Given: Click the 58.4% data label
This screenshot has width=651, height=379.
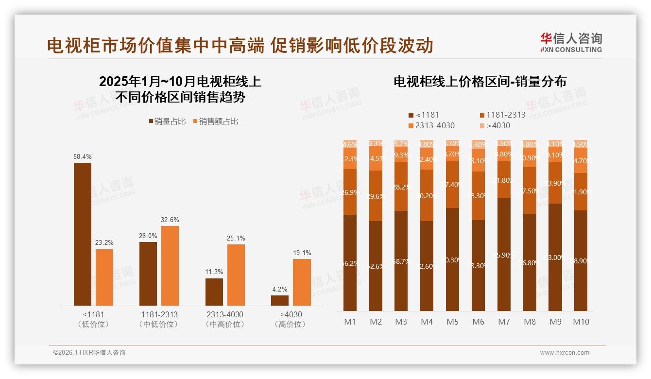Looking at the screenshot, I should click(x=83, y=157).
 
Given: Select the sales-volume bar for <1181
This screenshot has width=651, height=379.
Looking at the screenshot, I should click(x=83, y=233).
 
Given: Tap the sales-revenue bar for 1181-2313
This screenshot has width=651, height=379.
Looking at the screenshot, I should click(x=170, y=265).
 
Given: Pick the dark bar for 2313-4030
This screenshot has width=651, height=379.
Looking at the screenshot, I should click(x=214, y=292).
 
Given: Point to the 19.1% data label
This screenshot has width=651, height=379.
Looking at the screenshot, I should click(x=302, y=253).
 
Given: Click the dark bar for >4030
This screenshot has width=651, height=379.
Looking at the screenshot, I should click(x=280, y=300).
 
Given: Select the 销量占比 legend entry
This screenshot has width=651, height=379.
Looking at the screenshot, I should click(x=167, y=121).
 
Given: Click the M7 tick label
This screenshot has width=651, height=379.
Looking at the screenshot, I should click(x=504, y=322).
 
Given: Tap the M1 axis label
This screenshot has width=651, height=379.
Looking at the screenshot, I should click(x=350, y=322).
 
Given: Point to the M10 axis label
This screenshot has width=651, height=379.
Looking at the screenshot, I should click(x=581, y=322).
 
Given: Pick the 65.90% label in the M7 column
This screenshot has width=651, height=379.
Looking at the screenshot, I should click(x=504, y=255).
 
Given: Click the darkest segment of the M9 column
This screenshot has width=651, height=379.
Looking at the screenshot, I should click(x=555, y=258).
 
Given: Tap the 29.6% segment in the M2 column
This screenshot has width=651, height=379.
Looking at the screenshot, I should click(x=376, y=196).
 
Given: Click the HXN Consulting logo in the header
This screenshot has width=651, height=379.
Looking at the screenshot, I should click(x=571, y=42).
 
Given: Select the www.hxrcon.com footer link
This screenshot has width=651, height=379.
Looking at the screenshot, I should click(x=565, y=353).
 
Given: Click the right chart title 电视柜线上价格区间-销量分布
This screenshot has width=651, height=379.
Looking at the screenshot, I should click(x=480, y=82).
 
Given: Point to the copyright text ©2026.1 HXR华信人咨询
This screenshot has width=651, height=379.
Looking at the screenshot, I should click(x=89, y=353).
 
